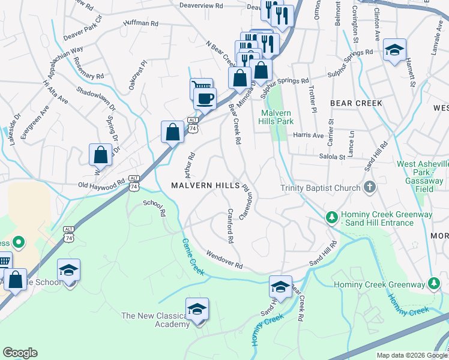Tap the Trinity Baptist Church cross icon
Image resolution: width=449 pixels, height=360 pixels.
[370, 188]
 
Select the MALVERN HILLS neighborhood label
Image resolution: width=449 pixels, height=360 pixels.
[205, 185]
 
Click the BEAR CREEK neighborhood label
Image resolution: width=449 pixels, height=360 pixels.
[356, 103]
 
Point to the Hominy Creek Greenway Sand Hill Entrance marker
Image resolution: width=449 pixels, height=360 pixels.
[331, 216]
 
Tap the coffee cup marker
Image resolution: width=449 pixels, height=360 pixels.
[205, 98]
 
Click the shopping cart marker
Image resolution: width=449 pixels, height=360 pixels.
[200, 88]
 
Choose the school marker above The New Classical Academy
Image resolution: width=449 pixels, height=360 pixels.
[197, 309]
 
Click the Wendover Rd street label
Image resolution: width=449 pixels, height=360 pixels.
[224, 260]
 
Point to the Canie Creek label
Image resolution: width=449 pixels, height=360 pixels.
[193, 257]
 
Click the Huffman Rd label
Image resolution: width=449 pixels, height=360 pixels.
[140, 23]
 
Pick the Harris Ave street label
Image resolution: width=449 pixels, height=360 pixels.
[308, 136]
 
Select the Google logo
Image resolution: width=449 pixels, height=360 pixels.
[20, 353]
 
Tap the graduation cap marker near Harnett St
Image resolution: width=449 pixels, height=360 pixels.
[395, 50]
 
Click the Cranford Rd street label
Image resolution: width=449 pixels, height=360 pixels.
[230, 226]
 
